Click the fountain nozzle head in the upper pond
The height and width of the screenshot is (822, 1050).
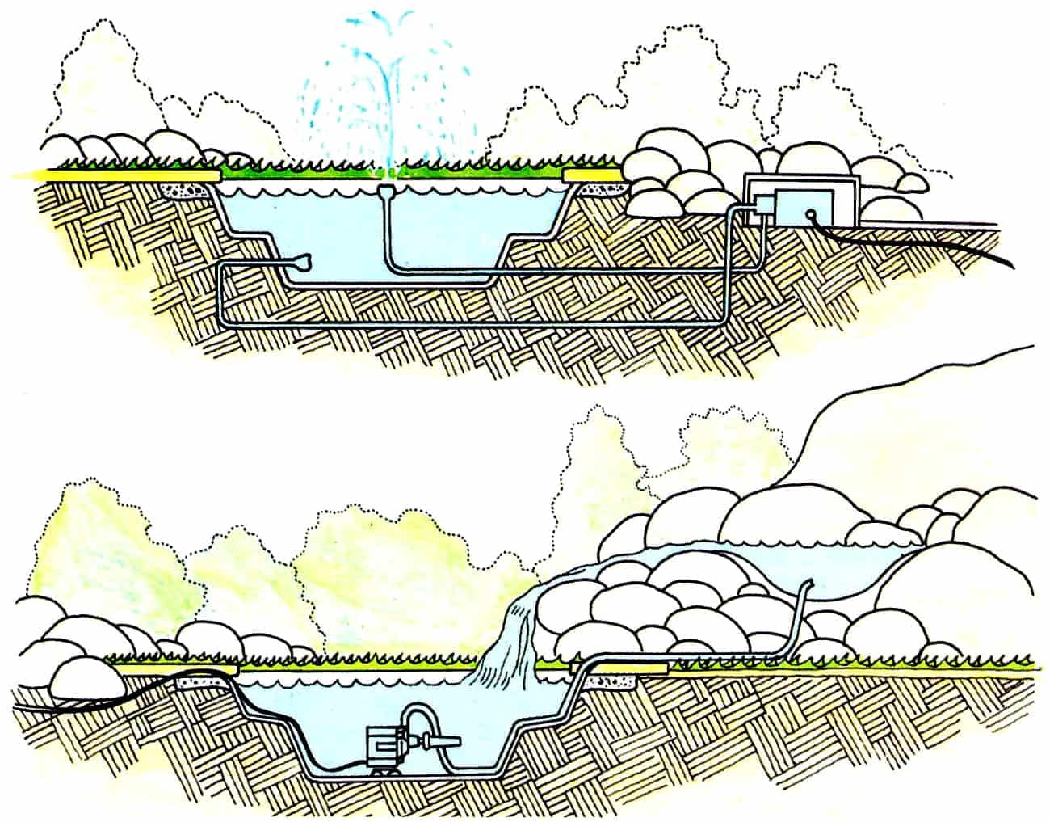(388, 191)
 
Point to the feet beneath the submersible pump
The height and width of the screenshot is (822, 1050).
(387, 770)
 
